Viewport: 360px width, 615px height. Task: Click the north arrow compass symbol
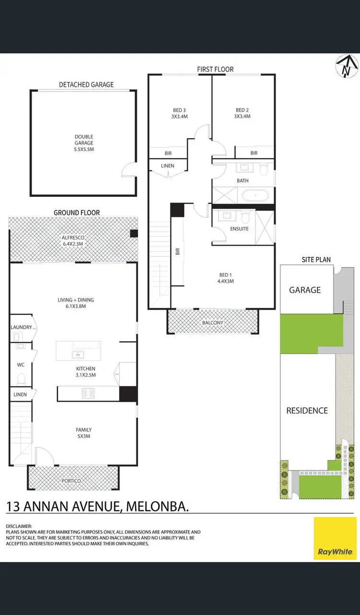tap(346, 66)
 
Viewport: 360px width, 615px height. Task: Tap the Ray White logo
tap(336, 538)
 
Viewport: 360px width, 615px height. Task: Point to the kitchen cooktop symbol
tap(88, 394)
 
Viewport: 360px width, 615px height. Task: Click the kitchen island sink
tap(77, 355)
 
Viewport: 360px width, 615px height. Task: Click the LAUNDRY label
tap(21, 327)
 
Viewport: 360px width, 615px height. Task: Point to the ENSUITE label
tap(240, 229)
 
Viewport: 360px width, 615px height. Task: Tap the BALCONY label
tap(212, 323)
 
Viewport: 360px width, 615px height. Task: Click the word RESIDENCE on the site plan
tap(307, 410)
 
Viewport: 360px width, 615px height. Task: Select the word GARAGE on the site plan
tap(305, 290)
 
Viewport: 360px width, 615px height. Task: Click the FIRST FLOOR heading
tap(215, 70)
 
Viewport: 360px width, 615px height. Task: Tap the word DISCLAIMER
tap(19, 526)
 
